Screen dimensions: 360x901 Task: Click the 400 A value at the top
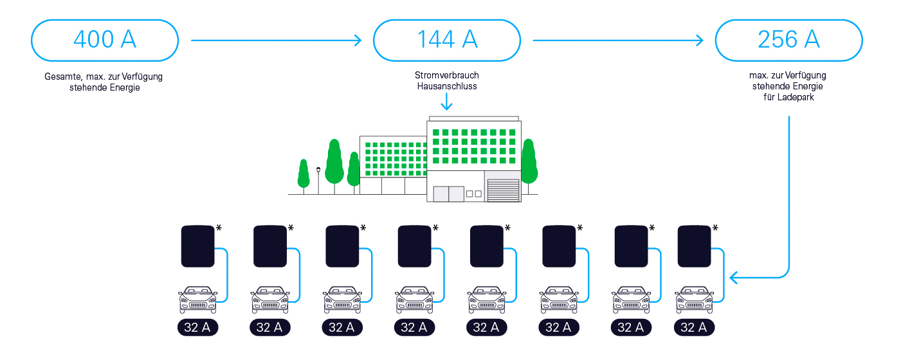[105, 40]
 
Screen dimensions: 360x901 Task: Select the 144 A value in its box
[447, 40]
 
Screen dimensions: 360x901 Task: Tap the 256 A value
[788, 40]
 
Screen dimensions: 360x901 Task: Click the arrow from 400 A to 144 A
[277, 40]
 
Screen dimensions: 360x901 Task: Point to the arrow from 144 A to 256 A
[618, 40]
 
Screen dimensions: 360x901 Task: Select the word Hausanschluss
[447, 86]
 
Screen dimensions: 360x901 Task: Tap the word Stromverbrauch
[447, 75]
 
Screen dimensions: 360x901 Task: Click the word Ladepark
[797, 97]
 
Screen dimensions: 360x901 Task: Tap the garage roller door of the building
[504, 190]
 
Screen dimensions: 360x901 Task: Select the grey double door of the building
[448, 194]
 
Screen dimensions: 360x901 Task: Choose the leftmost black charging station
[197, 246]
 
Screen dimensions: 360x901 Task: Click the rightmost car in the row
[694, 300]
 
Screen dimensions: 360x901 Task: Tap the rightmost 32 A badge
[694, 327]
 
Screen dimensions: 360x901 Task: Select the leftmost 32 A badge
[197, 327]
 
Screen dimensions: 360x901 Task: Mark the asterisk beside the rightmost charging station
[715, 228]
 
